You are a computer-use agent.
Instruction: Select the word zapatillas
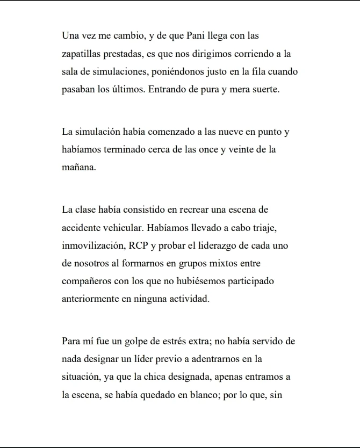coord(82,54)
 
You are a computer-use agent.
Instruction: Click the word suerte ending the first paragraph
coord(264,90)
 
